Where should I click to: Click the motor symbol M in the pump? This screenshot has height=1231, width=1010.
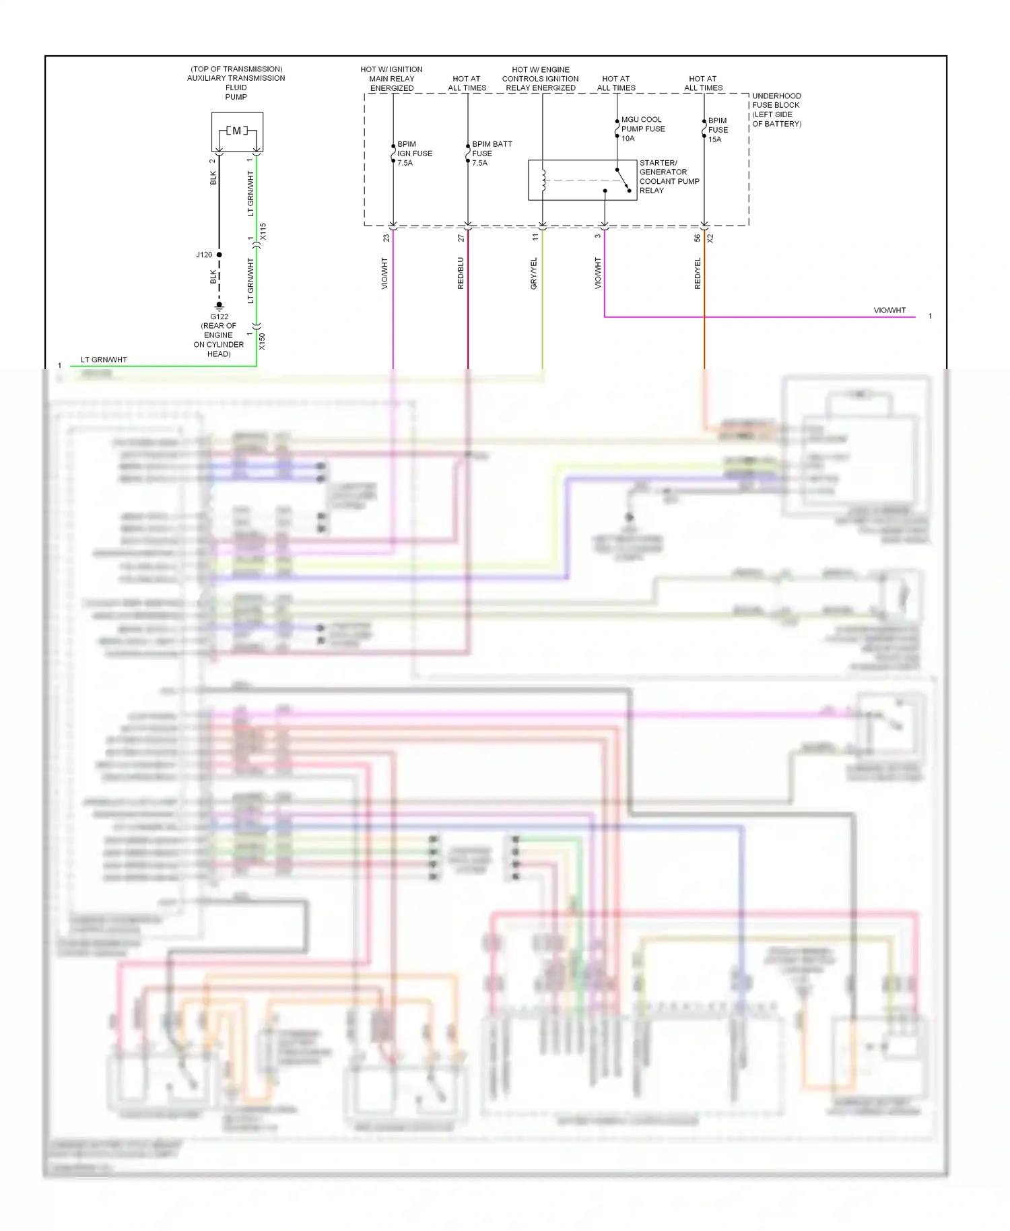tap(237, 131)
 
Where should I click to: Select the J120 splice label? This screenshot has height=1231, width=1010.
tap(204, 255)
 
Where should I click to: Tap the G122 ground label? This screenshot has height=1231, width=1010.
tap(219, 317)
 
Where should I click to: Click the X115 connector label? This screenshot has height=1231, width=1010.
tap(263, 232)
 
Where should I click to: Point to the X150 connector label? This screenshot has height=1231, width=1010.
tap(262, 341)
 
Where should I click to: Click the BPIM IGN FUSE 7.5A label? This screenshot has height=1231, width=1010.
tap(414, 154)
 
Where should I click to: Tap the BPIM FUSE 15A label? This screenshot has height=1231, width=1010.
tap(718, 130)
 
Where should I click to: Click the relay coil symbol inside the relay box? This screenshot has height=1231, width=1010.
tap(543, 180)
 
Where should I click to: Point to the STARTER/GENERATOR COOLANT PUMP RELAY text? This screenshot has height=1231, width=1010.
tap(669, 176)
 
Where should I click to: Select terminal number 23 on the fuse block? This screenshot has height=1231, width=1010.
tap(386, 238)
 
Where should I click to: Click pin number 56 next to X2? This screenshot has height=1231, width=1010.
tap(697, 238)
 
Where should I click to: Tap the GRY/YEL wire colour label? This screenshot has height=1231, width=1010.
tap(534, 273)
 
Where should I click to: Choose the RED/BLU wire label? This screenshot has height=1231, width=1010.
tap(461, 273)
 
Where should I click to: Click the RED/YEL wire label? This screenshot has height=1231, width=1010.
tap(698, 273)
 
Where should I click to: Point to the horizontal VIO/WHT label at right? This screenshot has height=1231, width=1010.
tap(889, 310)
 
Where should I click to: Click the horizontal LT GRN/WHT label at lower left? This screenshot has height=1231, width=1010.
tap(104, 360)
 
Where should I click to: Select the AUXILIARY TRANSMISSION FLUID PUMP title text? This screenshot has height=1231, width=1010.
tap(236, 83)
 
